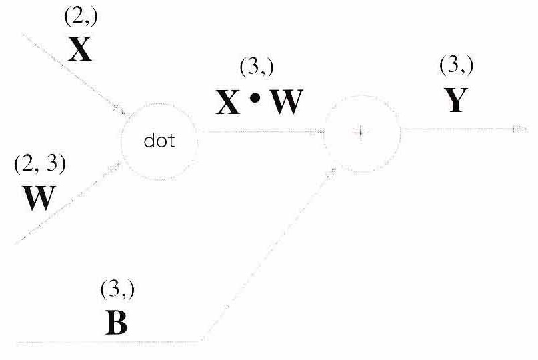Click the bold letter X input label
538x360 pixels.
pyautogui.click(x=80, y=49)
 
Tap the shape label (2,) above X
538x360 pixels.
pyautogui.click(x=81, y=17)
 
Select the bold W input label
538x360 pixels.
pyautogui.click(x=39, y=198)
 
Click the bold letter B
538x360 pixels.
pyautogui.click(x=116, y=323)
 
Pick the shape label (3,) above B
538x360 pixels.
pyautogui.click(x=118, y=289)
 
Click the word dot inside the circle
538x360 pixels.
pyautogui.click(x=159, y=141)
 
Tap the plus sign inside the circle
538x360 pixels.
pyautogui.click(x=361, y=133)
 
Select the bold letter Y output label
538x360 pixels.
pyautogui.click(x=456, y=100)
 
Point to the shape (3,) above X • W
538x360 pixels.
pyautogui.click(x=257, y=67)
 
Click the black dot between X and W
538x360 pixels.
pyautogui.click(x=255, y=99)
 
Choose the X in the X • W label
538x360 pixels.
pyautogui.click(x=228, y=102)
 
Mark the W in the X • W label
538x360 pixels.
pyautogui.click(x=287, y=102)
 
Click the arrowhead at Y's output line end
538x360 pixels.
pyautogui.click(x=520, y=129)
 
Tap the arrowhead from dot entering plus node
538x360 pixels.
pyautogui.click(x=317, y=131)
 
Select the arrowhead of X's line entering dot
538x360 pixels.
pyautogui.click(x=120, y=110)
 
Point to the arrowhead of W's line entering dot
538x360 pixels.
pyautogui.click(x=115, y=167)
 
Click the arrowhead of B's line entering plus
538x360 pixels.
pyautogui.click(x=331, y=173)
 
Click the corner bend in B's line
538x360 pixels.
pyautogui.click(x=203, y=341)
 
